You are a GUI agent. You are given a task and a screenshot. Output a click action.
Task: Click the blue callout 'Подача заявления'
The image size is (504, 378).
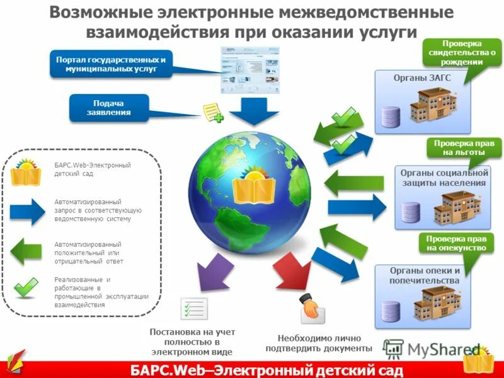click(x=108, y=108)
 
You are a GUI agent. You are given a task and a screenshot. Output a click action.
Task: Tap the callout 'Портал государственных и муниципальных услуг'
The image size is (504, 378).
click(x=111, y=64)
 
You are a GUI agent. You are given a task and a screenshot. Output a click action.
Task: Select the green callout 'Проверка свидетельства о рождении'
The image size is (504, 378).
click(x=462, y=53)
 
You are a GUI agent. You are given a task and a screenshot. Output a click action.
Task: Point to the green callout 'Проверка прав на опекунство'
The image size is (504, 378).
click(x=455, y=243)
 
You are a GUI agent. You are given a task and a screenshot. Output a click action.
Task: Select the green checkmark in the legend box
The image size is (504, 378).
click(x=26, y=287)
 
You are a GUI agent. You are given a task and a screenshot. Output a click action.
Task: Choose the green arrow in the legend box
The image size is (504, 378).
click(x=27, y=250)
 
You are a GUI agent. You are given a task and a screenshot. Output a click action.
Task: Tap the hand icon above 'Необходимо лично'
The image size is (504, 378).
click(x=311, y=307)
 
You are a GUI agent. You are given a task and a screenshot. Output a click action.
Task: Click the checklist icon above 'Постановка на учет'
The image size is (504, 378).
click(x=194, y=308)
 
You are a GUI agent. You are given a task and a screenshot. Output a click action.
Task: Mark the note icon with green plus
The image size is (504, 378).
click(x=212, y=113)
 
